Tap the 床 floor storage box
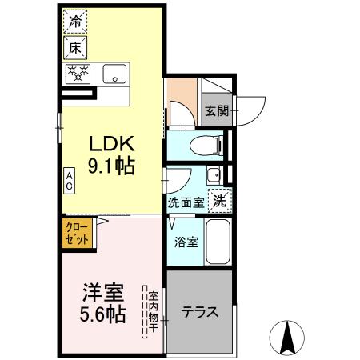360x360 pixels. (x=75, y=48)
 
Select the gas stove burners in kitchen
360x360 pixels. (x=79, y=74)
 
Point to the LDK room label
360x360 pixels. (x=110, y=145)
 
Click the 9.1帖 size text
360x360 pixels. (x=110, y=167)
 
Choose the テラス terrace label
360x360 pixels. (x=199, y=313)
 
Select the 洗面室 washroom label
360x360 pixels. (x=186, y=203)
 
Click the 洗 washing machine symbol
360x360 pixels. (x=218, y=202)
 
